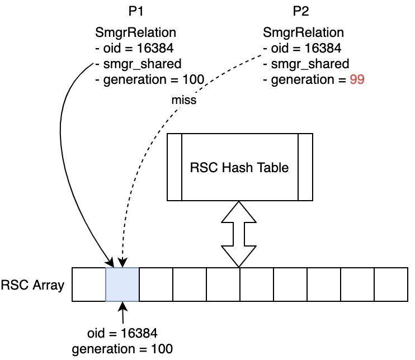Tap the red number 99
point(357,80)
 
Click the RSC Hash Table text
point(239,167)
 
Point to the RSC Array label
point(32,286)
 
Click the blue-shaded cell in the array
point(122,285)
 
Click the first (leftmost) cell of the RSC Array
point(89,285)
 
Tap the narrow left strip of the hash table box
point(175,167)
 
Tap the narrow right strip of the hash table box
point(305,167)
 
